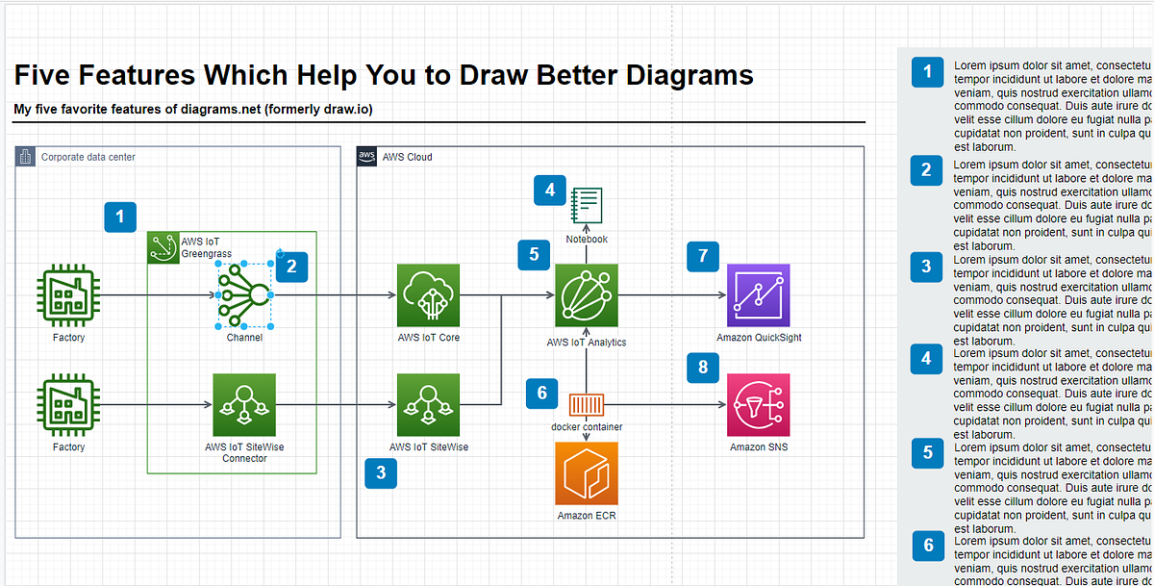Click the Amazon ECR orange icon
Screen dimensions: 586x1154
pyautogui.click(x=587, y=472)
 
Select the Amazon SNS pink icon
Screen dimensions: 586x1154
pyautogui.click(x=759, y=405)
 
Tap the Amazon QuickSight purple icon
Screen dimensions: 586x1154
pyautogui.click(x=759, y=295)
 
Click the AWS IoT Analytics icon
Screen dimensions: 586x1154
pyautogui.click(x=587, y=295)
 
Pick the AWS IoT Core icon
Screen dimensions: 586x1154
pyautogui.click(x=429, y=295)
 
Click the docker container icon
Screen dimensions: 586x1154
pyautogui.click(x=587, y=404)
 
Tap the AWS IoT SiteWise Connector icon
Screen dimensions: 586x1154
pyautogui.click(x=244, y=405)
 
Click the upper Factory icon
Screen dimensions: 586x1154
pyautogui.click(x=68, y=295)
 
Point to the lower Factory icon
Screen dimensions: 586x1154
pyautogui.click(x=68, y=405)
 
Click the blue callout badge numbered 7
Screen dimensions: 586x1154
pyautogui.click(x=703, y=255)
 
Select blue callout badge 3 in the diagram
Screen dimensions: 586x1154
pyautogui.click(x=381, y=472)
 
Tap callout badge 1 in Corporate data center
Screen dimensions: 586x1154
pyautogui.click(x=119, y=217)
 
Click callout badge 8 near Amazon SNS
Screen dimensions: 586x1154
pyautogui.click(x=703, y=367)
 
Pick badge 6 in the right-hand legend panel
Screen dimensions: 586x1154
pyautogui.click(x=928, y=546)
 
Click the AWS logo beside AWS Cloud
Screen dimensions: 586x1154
pyautogui.click(x=366, y=156)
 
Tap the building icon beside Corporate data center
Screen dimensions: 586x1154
pyautogui.click(x=25, y=156)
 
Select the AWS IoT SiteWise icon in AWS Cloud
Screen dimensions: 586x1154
pyautogui.click(x=429, y=405)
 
